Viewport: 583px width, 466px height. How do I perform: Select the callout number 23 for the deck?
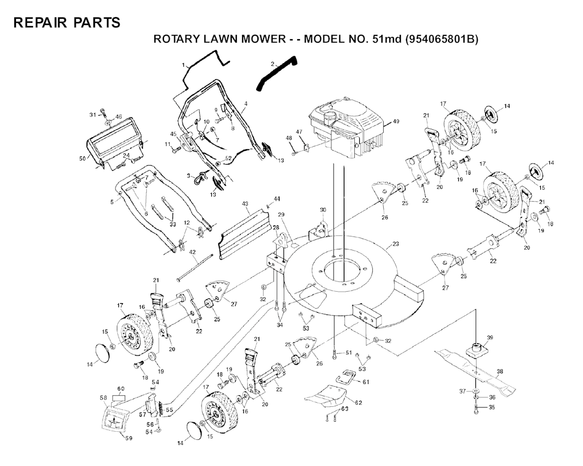[x=396, y=244]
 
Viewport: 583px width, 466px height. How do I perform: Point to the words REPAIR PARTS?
[x=67, y=23]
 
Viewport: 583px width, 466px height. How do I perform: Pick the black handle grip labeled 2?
[x=277, y=72]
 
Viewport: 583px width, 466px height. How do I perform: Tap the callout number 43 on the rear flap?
[x=245, y=203]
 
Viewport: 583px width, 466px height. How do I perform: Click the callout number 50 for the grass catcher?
[x=82, y=158]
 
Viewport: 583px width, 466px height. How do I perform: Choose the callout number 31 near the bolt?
[x=93, y=115]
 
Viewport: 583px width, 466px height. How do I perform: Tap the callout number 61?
[x=366, y=382]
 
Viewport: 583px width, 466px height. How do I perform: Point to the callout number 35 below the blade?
[x=492, y=407]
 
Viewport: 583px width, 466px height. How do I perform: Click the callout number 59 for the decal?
[x=129, y=438]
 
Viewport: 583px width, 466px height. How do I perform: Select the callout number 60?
[x=121, y=388]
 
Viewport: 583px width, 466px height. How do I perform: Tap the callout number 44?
[x=277, y=198]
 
